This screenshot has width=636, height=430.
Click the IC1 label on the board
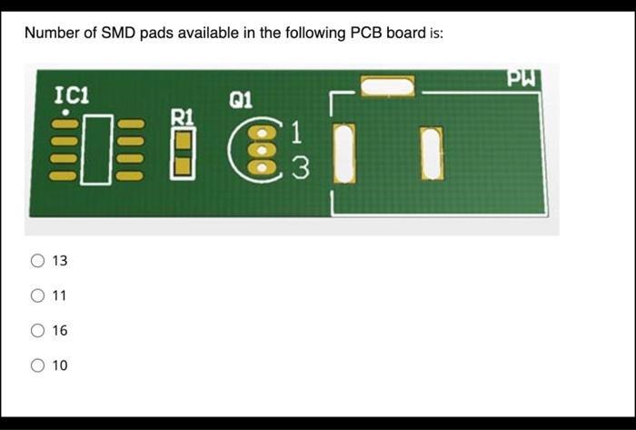(x=72, y=95)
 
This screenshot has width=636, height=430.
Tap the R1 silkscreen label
(x=184, y=115)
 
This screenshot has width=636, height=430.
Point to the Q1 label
(x=242, y=98)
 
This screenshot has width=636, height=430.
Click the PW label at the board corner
(x=523, y=78)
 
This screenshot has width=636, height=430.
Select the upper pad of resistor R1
(x=184, y=139)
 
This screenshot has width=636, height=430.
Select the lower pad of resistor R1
(x=184, y=165)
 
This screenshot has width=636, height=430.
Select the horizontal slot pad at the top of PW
(x=387, y=86)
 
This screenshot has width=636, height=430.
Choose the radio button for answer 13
(x=38, y=261)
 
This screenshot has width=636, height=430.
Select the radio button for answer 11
(x=38, y=295)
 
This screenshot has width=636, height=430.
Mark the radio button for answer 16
(x=38, y=331)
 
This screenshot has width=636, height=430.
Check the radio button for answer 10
(x=38, y=365)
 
